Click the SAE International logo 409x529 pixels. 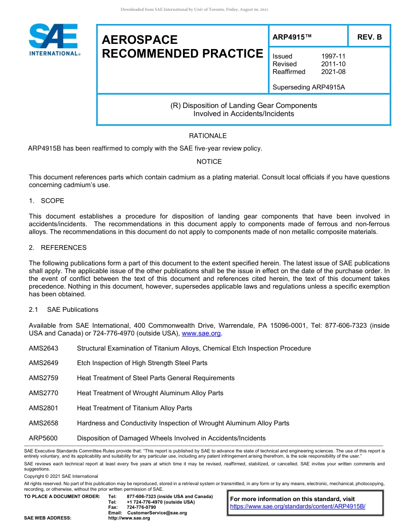(x=53, y=40)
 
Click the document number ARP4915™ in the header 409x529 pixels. (x=291, y=37)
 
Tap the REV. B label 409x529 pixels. (x=369, y=37)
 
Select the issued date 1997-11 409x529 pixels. (x=333, y=56)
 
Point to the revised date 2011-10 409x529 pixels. (x=333, y=64)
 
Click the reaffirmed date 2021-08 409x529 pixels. (x=333, y=72)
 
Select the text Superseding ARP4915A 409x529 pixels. (x=309, y=87)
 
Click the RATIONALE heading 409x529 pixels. (x=208, y=136)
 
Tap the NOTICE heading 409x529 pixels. (x=209, y=162)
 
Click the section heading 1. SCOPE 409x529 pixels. (x=46, y=201)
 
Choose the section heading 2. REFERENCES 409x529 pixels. (x=58, y=248)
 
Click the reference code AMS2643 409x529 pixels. (x=43, y=348)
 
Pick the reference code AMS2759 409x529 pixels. (x=43, y=378)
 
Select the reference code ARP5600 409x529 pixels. (x=43, y=438)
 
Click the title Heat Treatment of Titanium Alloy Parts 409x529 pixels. (x=134, y=408)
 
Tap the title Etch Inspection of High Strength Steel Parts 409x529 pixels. (x=142, y=363)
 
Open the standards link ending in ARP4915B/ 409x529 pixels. (x=297, y=506)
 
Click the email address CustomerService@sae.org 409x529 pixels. (x=157, y=513)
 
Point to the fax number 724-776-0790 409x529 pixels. (x=141, y=507)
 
